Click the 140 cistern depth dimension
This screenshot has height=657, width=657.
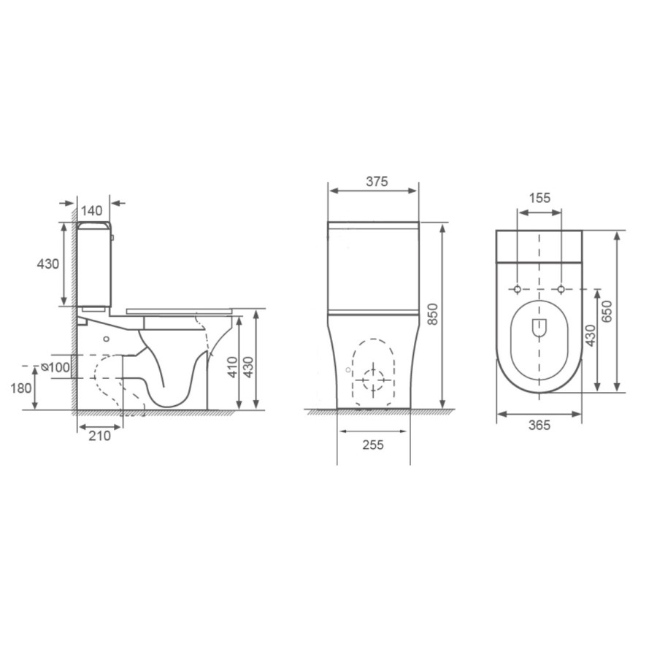point(92,210)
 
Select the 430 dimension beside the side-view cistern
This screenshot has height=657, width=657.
point(48,264)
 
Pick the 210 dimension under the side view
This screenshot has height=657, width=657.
point(99,436)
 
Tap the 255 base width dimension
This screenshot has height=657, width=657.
point(371,445)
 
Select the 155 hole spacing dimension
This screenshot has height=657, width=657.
point(539,198)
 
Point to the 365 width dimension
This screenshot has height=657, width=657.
point(539,426)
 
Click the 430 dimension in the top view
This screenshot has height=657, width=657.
point(588,336)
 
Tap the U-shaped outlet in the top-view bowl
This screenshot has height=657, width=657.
point(539,329)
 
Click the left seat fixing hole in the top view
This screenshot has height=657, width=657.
point(518,290)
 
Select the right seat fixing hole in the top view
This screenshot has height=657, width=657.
point(561,290)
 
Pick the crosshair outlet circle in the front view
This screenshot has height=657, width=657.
point(373,379)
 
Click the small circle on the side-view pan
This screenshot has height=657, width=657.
point(108,339)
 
